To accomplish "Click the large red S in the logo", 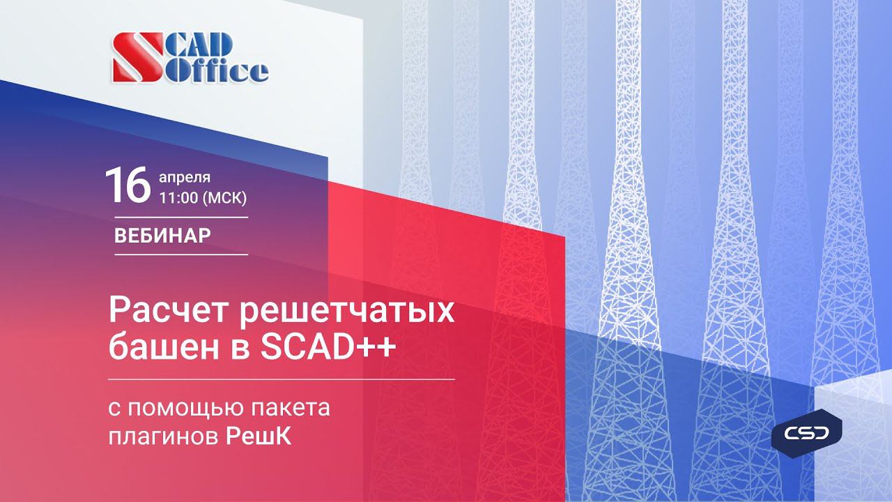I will pos(137,58).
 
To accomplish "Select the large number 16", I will pos(128,185).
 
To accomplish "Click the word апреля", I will pos(185,176).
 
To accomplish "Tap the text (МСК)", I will pos(223,197).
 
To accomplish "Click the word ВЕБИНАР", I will pos(162,236).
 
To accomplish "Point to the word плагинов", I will pos(163,437).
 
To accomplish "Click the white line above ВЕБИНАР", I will pos(181,218).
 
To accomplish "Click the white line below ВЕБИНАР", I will pos(181,254).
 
